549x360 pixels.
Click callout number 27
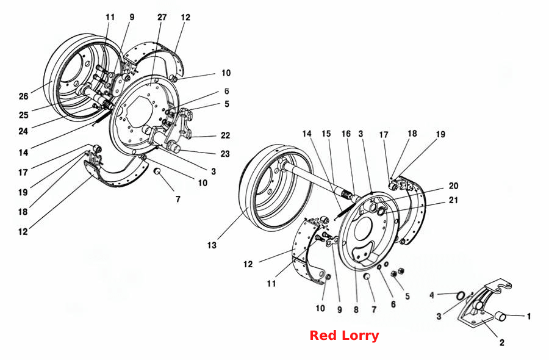click(x=162, y=17)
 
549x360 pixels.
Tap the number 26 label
click(x=23, y=96)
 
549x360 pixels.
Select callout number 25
click(x=23, y=115)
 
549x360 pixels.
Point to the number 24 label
click(x=23, y=132)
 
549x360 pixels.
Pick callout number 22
click(x=226, y=135)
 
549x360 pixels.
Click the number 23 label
click(x=225, y=154)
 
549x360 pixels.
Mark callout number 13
click(x=212, y=245)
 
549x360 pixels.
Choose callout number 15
click(x=326, y=134)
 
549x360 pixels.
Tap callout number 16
click(x=346, y=134)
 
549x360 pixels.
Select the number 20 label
click(x=453, y=186)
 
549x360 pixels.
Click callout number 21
click(x=453, y=200)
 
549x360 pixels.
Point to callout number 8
click(x=356, y=310)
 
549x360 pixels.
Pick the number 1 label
click(x=529, y=317)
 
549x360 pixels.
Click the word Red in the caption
click(x=323, y=336)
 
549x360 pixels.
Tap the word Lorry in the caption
click(x=361, y=336)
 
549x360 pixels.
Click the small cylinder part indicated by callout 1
click(x=501, y=316)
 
